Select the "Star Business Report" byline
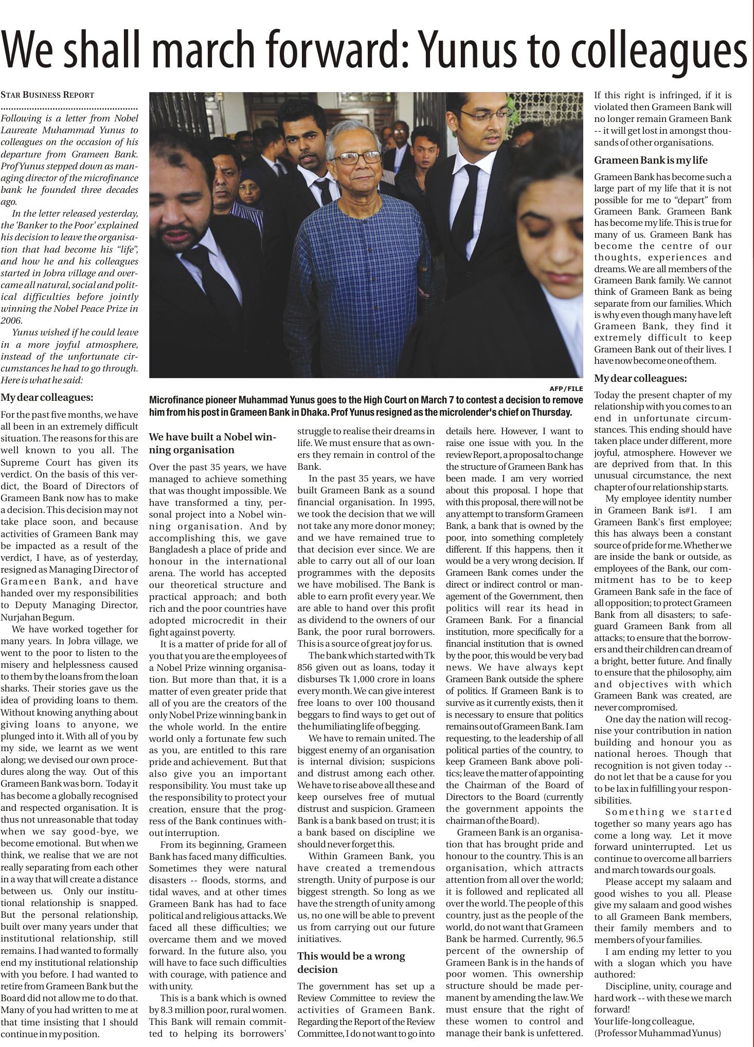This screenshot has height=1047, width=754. point(47,95)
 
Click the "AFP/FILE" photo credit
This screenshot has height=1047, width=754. point(566,388)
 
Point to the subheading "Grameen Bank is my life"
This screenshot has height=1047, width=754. point(651,161)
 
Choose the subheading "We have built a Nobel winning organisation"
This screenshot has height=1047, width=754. point(212,443)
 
